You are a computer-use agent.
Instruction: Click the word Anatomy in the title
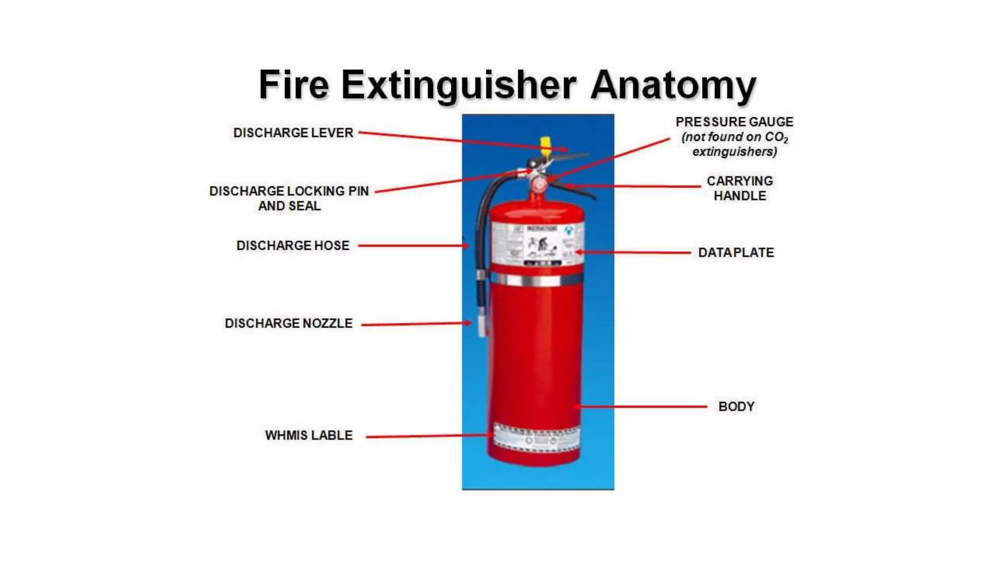point(673,85)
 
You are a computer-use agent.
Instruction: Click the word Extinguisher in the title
point(458,85)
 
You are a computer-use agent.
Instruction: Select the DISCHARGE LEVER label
point(293,133)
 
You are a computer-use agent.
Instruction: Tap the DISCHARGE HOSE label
point(293,245)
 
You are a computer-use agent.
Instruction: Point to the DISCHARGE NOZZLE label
point(288,323)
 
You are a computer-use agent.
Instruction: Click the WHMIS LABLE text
point(308,435)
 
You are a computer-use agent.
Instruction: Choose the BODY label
point(736,406)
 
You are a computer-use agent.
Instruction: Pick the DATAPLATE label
point(736,253)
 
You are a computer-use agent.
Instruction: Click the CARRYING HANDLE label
point(740,188)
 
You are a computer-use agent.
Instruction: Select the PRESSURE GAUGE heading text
point(734,122)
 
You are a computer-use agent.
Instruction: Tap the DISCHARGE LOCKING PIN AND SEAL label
point(289,198)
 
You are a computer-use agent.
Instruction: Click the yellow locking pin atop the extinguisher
point(545,145)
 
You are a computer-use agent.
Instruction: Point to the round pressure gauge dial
point(539,185)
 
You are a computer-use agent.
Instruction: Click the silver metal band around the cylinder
point(538,280)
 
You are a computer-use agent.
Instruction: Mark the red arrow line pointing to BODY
point(643,406)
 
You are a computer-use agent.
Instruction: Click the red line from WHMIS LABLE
point(428,436)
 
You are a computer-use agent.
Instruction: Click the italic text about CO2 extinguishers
point(734,145)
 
